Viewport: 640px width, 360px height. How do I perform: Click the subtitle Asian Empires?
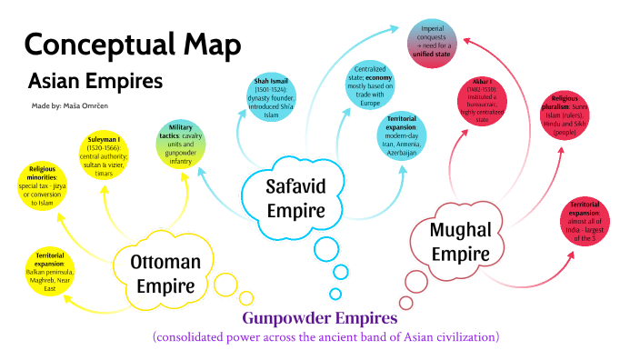click(95, 81)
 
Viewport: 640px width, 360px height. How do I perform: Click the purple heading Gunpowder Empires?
click(319, 318)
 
